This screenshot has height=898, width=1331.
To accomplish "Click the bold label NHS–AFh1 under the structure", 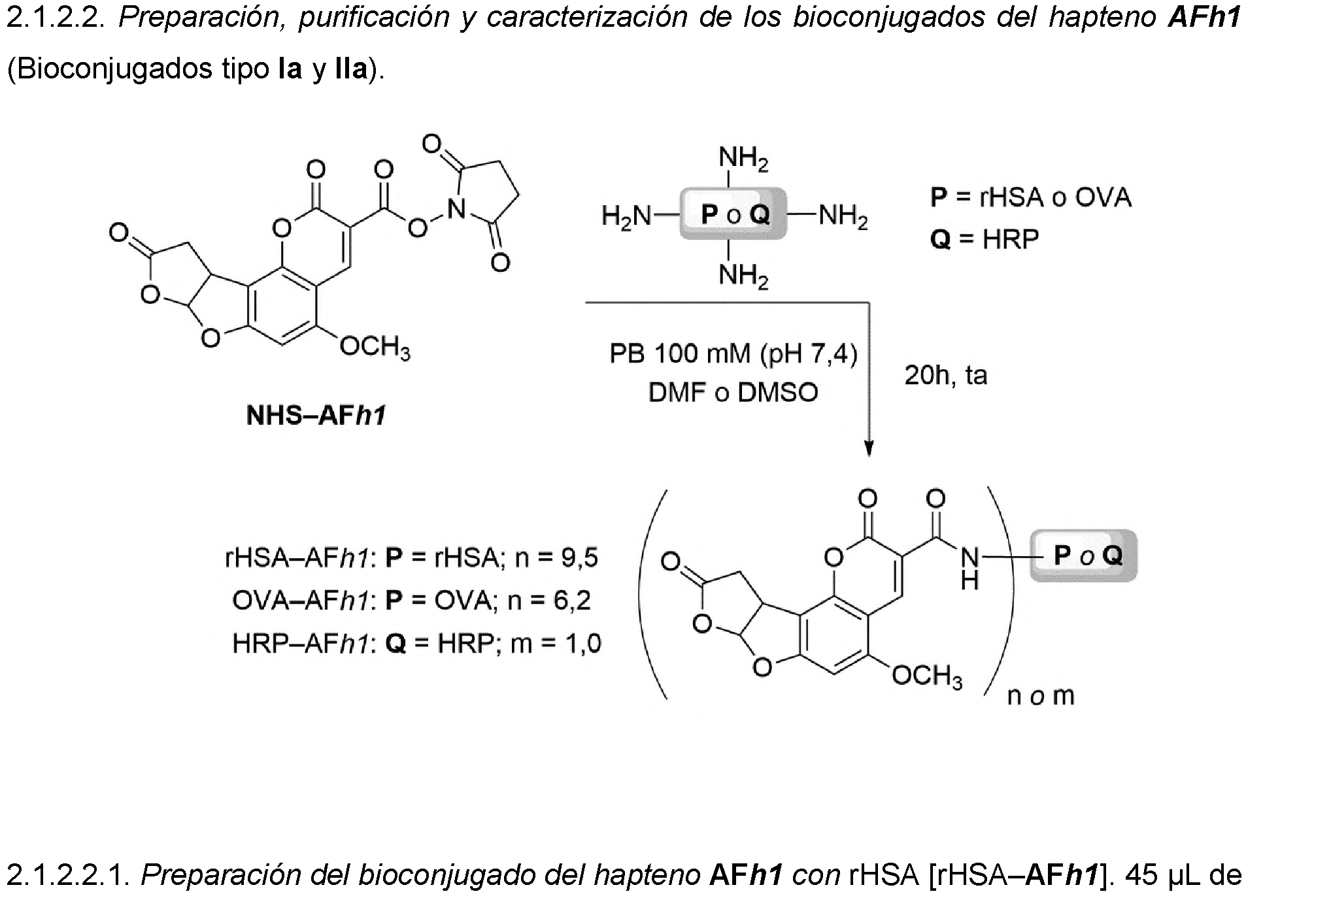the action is (316, 415).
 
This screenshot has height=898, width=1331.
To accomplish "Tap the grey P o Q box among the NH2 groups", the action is (733, 214).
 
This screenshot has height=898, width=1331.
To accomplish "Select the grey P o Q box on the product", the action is (1084, 556).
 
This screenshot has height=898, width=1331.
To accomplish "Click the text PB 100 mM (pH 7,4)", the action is (733, 354).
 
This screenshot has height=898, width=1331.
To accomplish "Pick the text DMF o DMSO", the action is (733, 393).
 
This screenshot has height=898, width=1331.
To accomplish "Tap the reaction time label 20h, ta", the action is (945, 375).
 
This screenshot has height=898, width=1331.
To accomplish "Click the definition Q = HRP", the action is (985, 239).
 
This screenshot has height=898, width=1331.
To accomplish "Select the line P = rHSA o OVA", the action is (1030, 197).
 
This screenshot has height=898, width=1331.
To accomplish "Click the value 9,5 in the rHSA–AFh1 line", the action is (579, 557).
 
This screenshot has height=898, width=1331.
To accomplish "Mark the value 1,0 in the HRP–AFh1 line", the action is (583, 644).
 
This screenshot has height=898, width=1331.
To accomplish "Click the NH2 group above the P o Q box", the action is (743, 159).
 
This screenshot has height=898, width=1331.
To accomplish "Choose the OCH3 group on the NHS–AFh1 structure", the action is (375, 347).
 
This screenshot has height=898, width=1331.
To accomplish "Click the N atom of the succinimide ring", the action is (456, 209).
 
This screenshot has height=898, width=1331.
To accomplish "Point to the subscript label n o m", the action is (1041, 696).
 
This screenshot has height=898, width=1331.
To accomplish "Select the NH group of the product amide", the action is (969, 568).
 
